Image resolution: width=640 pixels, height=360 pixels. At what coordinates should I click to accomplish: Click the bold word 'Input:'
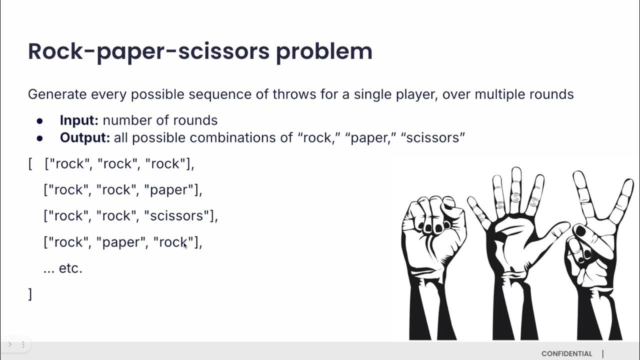coord(79,120)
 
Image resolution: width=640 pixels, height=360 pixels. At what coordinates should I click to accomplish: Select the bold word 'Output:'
coord(84,137)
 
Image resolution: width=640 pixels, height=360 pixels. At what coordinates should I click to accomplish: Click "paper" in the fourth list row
coord(120,242)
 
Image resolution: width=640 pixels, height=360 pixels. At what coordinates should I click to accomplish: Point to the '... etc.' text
coord(63,268)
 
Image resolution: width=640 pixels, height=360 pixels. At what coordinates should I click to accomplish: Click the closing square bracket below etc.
coord(30,294)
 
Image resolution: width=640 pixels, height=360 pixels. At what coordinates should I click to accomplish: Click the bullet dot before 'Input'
coord(39,121)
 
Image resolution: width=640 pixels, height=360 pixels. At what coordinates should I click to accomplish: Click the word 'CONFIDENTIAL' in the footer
coord(566,353)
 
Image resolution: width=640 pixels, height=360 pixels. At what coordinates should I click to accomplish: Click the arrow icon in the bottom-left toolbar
coord(9,344)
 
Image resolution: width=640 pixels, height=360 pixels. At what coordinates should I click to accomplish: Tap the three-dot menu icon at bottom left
coord(23,344)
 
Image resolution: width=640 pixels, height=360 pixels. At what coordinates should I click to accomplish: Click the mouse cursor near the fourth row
coord(185,245)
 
